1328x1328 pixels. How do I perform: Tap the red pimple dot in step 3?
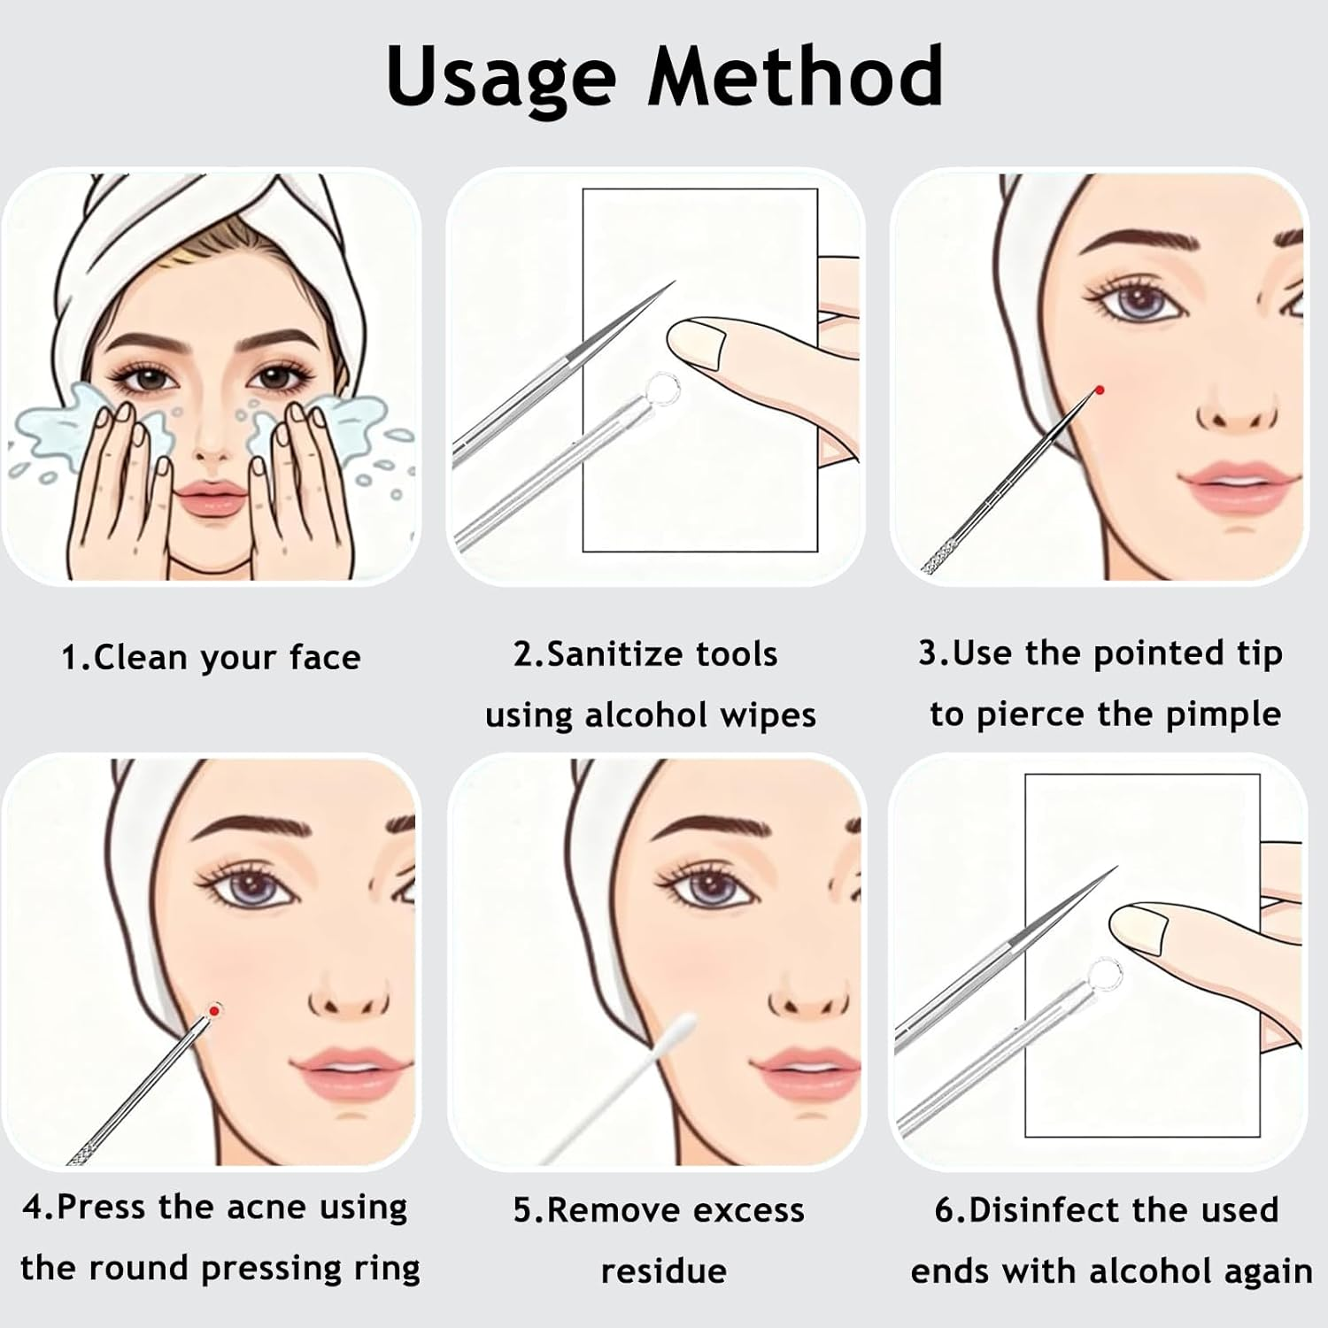click(1099, 390)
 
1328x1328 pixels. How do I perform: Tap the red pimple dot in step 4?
click(213, 1010)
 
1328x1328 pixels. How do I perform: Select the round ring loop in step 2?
click(659, 387)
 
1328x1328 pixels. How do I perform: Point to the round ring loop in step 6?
click(1101, 973)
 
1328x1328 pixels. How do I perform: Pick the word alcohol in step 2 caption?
click(645, 715)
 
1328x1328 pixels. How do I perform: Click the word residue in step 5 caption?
click(663, 1271)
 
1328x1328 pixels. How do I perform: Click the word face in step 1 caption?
click(325, 658)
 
